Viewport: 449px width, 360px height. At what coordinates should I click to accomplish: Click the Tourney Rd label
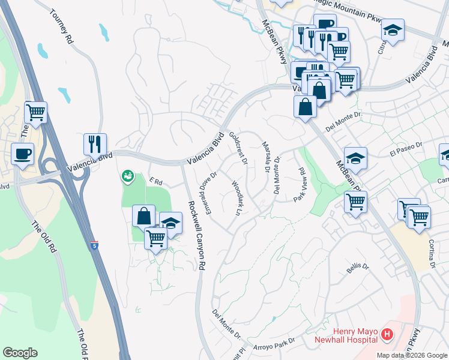pos(61,27)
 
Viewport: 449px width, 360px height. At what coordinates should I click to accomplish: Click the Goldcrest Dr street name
pos(238,148)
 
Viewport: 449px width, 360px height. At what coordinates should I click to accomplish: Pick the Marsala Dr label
pos(265,156)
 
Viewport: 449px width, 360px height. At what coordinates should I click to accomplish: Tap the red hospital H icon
pos(387,334)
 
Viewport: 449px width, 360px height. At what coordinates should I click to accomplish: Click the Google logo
pos(20,353)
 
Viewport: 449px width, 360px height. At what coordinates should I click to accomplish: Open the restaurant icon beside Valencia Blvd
pos(95,144)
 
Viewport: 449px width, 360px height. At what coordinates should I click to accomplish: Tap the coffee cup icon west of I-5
pos(23,154)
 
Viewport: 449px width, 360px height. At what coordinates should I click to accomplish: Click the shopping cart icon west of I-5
pos(35,112)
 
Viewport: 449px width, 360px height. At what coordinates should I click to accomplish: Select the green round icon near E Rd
pos(128,176)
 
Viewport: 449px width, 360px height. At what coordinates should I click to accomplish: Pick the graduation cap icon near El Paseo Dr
pos(355,158)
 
